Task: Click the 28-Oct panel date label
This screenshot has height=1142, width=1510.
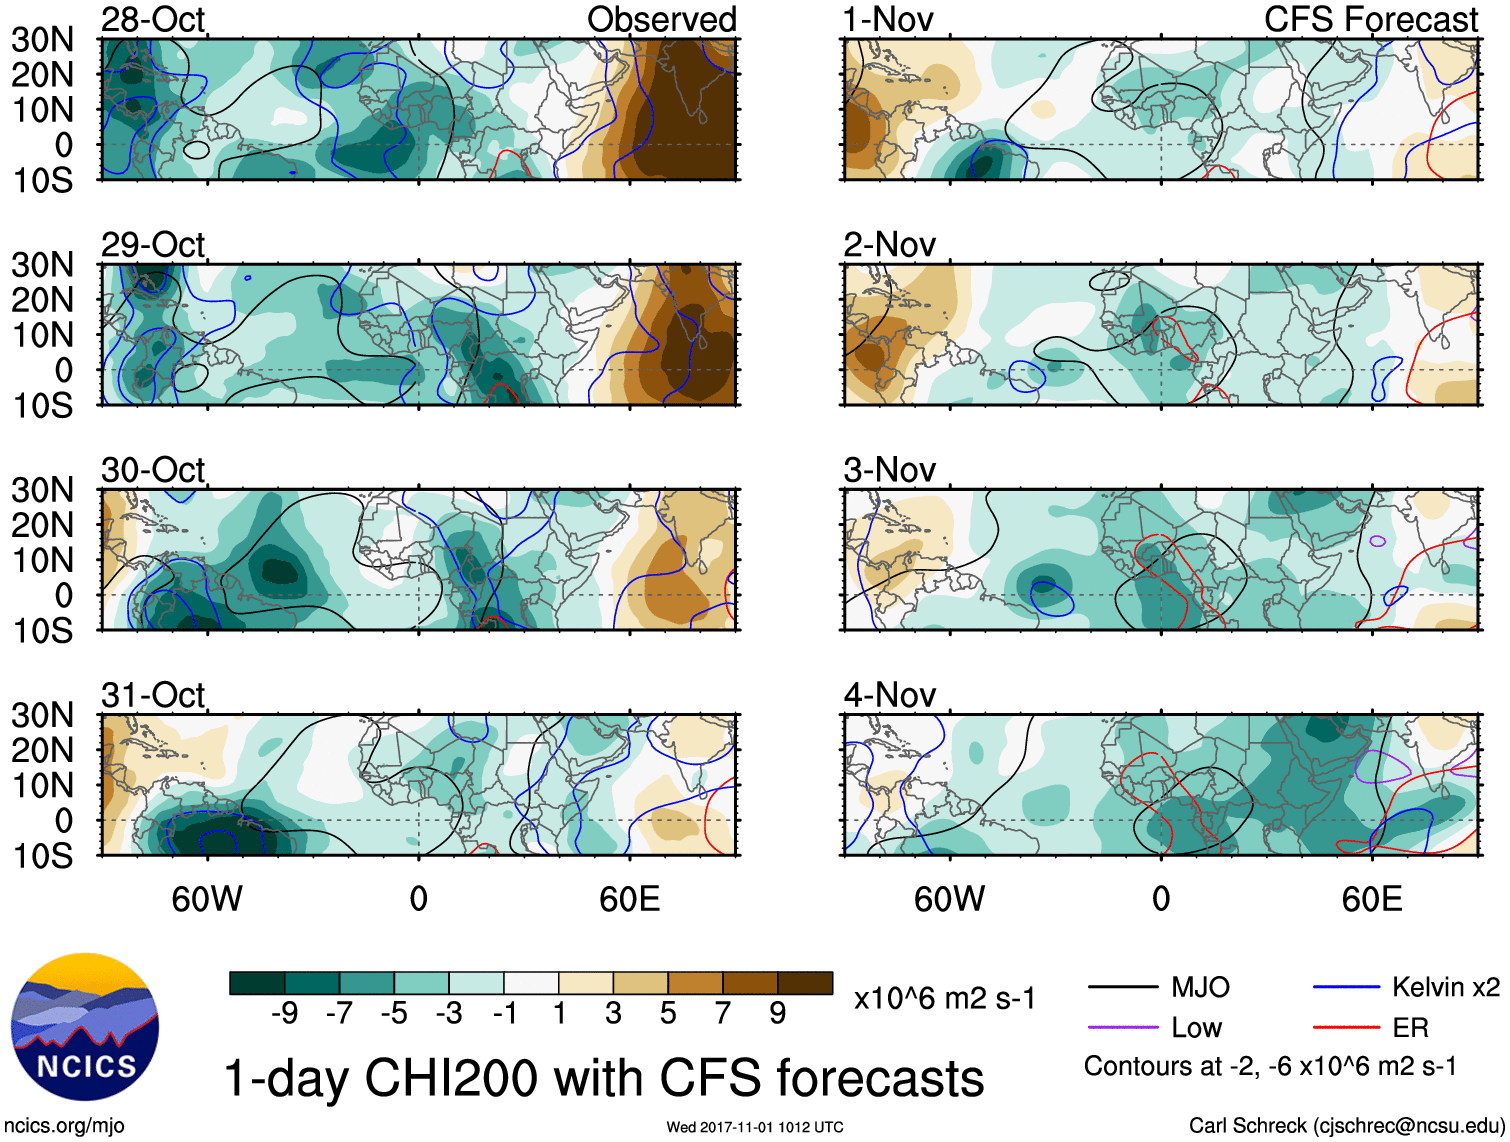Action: point(153,19)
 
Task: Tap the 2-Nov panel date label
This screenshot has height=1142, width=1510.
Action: point(889,244)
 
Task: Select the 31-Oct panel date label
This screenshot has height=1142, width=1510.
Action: point(153,694)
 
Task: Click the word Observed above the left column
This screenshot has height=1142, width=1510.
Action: point(661,19)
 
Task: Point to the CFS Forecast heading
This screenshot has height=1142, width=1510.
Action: point(1370,19)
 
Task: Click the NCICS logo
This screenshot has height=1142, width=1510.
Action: point(85,1027)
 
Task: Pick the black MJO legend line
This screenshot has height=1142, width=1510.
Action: point(1123,988)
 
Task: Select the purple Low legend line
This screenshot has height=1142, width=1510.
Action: point(1123,1028)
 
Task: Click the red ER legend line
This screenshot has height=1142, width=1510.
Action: point(1346,1028)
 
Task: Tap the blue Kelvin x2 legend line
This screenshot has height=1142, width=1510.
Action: point(1346,988)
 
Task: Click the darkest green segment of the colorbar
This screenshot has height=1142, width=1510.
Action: point(257,983)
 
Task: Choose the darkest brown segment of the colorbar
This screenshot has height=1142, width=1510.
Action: point(805,983)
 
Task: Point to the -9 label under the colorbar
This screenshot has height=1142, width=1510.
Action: point(284,1013)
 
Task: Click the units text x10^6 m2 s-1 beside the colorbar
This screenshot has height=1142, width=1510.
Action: point(944,998)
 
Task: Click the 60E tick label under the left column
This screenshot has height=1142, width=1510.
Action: point(629,899)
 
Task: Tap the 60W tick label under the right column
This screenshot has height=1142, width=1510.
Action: point(949,899)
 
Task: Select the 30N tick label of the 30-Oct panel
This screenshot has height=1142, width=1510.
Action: point(42,490)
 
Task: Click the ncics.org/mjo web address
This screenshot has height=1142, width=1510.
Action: point(64,1126)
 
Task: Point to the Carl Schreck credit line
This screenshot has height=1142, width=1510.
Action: point(1346,1126)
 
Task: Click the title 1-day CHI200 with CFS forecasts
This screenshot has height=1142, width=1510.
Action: point(603,1079)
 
